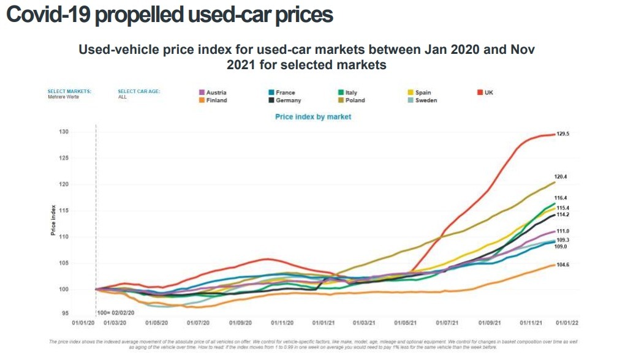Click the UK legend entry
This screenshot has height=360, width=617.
(x=488, y=92)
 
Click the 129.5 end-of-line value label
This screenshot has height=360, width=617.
(x=563, y=133)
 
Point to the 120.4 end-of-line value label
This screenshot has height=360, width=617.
(x=561, y=176)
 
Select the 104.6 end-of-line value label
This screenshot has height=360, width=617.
(x=563, y=264)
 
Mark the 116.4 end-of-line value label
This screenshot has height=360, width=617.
(x=561, y=198)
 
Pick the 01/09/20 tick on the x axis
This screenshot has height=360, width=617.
(x=239, y=321)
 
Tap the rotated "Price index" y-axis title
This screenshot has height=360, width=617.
(x=53, y=222)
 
